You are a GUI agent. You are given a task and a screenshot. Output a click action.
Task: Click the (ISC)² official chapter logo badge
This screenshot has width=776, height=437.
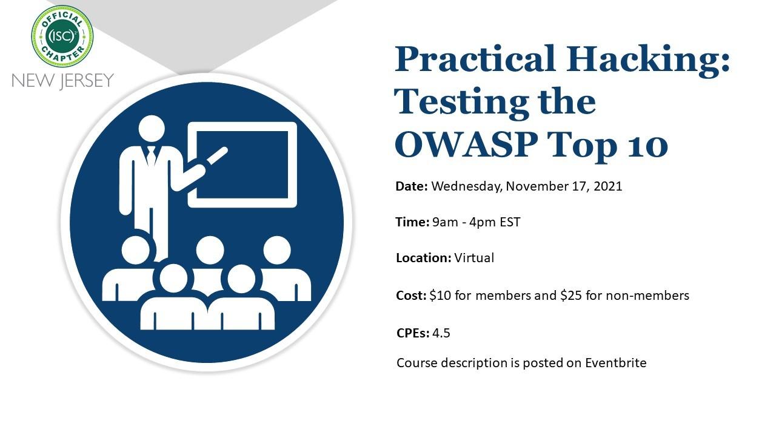click(x=62, y=36)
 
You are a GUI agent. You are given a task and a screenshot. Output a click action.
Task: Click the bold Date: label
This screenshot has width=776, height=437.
click(x=412, y=186)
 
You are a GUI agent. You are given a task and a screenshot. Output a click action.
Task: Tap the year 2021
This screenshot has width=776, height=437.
click(x=608, y=186)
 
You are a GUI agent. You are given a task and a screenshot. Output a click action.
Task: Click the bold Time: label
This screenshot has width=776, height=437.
click(x=412, y=222)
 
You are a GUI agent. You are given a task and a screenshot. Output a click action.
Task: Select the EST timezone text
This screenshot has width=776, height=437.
click(x=510, y=222)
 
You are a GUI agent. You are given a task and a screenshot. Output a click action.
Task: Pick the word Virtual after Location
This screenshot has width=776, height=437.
click(x=474, y=258)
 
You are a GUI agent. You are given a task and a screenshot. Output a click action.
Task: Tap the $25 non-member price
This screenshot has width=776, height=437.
click(x=571, y=296)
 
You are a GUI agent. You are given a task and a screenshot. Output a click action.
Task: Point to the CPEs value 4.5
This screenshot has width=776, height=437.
click(x=441, y=333)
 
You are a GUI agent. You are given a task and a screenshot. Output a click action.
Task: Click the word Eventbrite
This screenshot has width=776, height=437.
click(x=615, y=363)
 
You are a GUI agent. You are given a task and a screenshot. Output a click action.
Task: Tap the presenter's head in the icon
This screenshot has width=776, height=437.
click(x=152, y=128)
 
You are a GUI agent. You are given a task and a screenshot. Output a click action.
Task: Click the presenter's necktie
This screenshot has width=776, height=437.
click(x=151, y=157)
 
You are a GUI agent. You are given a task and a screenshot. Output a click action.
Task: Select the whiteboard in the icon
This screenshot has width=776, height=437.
click(x=242, y=164)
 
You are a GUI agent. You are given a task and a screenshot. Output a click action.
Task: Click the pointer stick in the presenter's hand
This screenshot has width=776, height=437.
click(x=217, y=156)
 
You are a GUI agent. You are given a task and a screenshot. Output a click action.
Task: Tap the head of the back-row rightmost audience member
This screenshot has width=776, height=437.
click(x=277, y=249)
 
